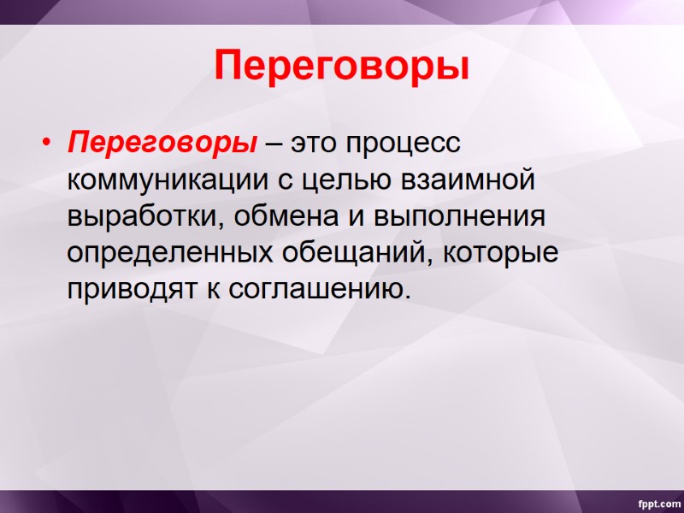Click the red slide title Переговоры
click(341, 66)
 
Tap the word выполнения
click(458, 216)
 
